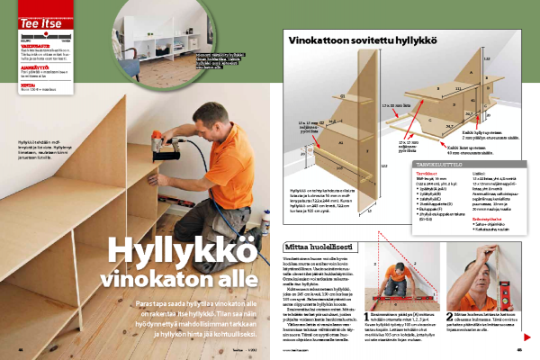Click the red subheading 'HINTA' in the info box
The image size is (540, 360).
pyautogui.click(x=28, y=82)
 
